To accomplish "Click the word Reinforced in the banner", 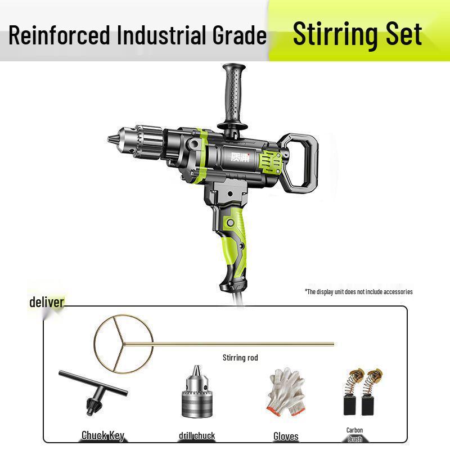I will tap(60, 35).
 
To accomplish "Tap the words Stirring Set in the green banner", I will tap(357, 34).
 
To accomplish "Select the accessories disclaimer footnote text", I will tap(358, 291).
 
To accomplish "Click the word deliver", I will tap(47, 302).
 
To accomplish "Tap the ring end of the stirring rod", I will tap(115, 343).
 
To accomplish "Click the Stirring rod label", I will tap(240, 358).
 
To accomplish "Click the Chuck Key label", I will tap(102, 435).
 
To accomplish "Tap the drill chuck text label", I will tap(197, 435).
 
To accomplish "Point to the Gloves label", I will tap(286, 436).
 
